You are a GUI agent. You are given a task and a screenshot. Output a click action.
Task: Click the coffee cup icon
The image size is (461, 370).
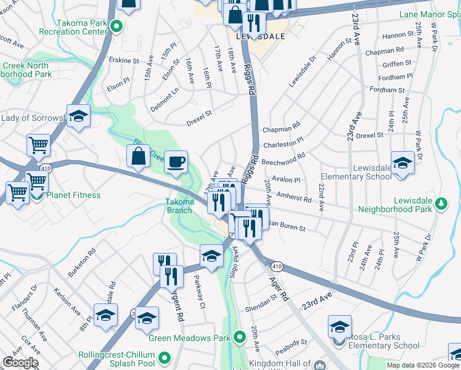tap(176, 162)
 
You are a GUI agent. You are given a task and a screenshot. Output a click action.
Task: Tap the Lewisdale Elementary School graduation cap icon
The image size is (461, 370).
tap(402, 163)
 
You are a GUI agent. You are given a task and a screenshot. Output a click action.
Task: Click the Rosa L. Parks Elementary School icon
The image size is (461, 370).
tap(340, 327)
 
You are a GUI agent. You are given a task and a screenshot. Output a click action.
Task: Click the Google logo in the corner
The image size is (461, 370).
tap(20, 363)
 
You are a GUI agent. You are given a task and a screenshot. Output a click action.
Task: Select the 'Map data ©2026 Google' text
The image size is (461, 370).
tap(423, 365)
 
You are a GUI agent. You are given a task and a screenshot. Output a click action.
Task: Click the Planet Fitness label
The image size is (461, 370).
tap(74, 195)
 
